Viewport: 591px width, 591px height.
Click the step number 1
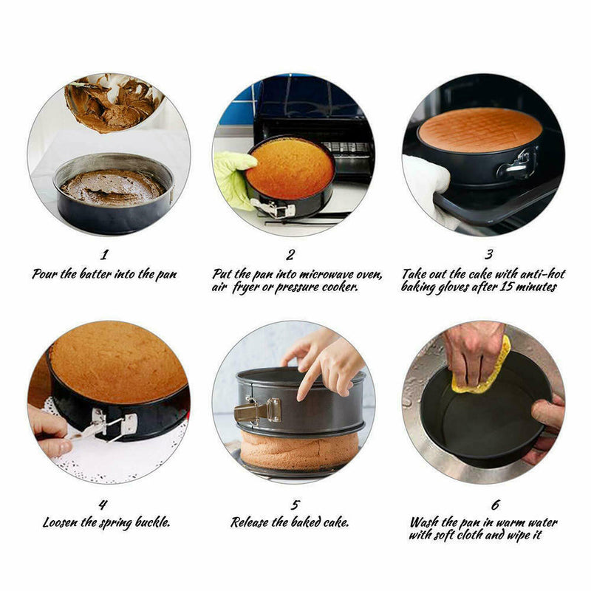[104, 254]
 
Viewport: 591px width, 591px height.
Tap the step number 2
[290, 255]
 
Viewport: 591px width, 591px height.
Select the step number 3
[488, 254]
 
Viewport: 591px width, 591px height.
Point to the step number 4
[103, 505]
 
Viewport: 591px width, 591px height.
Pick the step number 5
[295, 505]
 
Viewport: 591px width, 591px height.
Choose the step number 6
[495, 505]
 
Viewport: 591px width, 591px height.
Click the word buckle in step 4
[153, 522]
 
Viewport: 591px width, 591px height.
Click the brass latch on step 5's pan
[258, 410]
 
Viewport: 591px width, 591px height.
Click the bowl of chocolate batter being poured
[113, 103]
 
